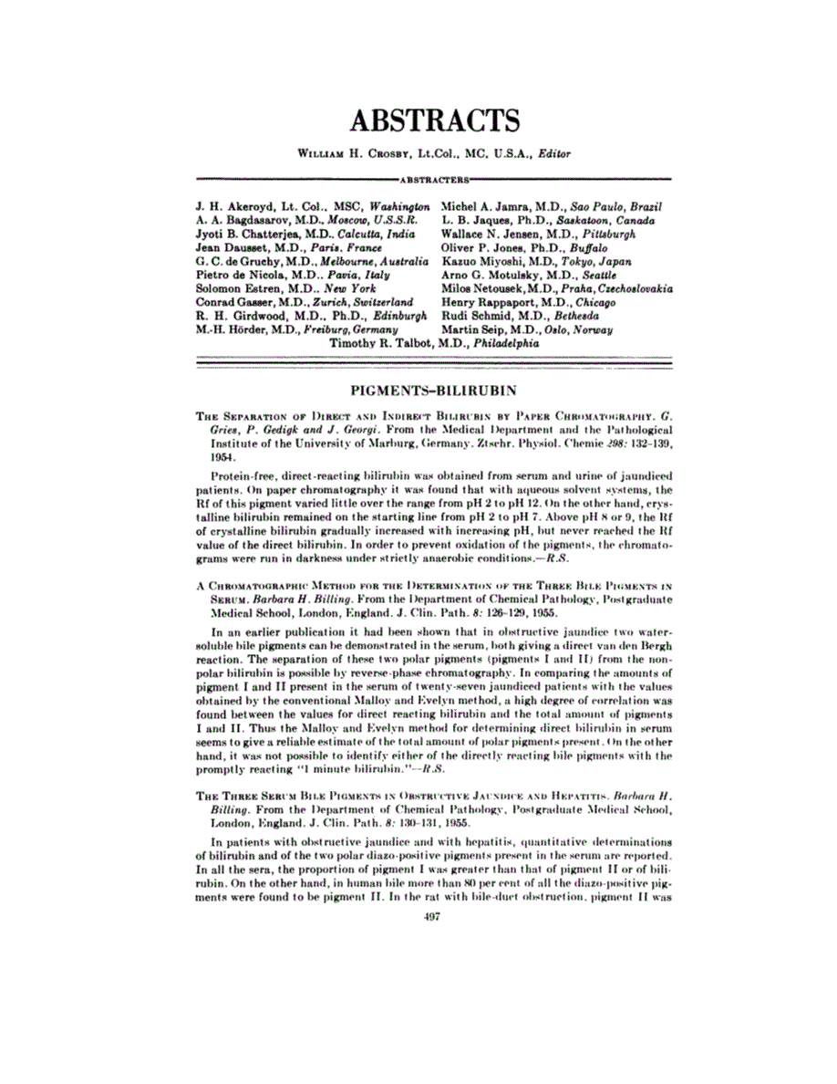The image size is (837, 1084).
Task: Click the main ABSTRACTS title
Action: pos(435,120)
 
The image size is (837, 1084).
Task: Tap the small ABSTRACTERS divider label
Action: pos(435,178)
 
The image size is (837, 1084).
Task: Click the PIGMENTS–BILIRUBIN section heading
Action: pos(434,391)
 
